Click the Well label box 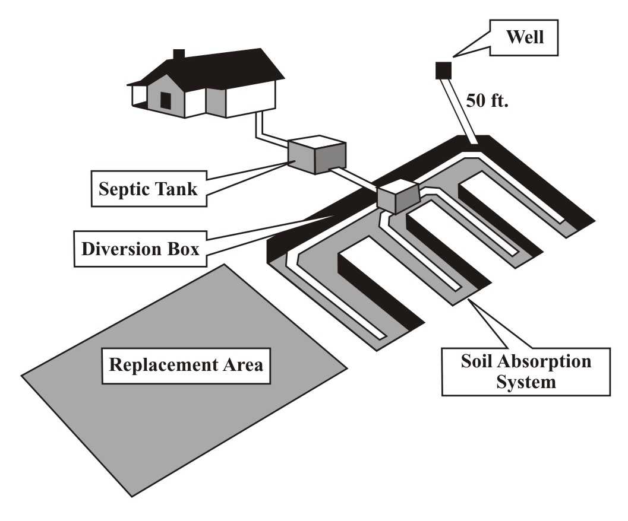tap(525, 38)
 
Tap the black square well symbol tap(443, 70)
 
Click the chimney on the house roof tap(178, 54)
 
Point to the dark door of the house tap(166, 100)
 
